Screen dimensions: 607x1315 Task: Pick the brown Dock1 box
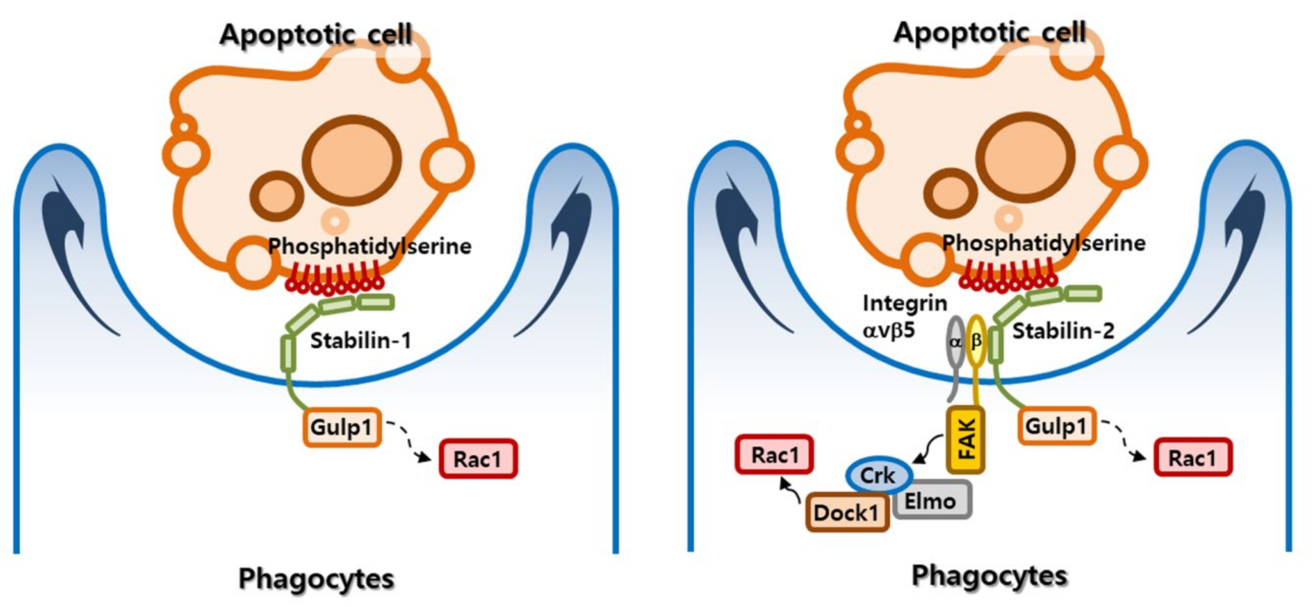coord(847,512)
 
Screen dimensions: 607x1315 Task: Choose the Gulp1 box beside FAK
coord(1057,426)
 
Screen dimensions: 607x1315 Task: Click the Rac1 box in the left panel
coord(478,459)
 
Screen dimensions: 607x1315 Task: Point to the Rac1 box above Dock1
coord(774,455)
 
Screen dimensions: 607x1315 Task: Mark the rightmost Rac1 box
coord(1193,457)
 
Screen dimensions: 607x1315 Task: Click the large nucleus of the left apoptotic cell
coord(352,160)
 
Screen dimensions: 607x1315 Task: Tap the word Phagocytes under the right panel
coord(989,576)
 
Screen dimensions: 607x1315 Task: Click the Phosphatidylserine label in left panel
coord(370,246)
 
